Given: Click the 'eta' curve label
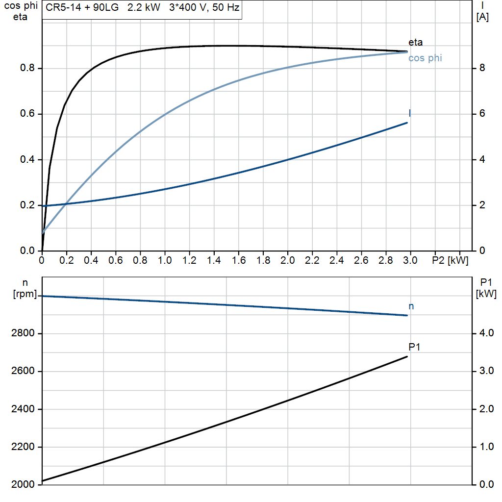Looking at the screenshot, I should click(415, 42).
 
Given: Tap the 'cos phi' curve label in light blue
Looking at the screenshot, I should click(425, 58).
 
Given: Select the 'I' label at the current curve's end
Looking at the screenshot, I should click(410, 113).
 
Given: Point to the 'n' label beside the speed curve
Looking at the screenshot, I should click(411, 306).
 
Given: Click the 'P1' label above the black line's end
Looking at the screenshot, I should click(415, 347).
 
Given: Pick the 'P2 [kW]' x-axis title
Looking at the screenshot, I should click(450, 260).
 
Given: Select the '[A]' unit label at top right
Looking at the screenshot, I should click(482, 17).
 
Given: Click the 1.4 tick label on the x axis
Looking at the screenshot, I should click(214, 260).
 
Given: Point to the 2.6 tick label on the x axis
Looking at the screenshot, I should click(361, 260).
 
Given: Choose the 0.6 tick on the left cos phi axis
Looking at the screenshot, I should click(28, 114).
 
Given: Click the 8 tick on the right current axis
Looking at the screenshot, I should click(482, 68).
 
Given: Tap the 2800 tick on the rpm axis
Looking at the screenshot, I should click(23, 334).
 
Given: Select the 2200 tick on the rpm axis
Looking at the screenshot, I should click(23, 447).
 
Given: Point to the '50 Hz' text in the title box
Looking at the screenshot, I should click(226, 8).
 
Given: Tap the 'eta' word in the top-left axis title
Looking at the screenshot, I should click(20, 17).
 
